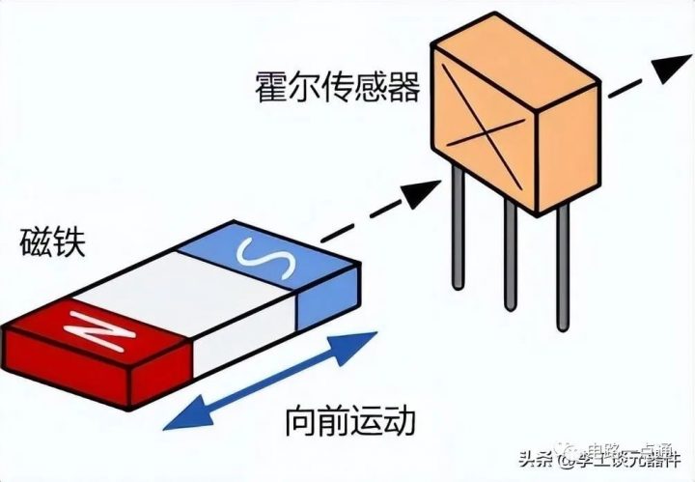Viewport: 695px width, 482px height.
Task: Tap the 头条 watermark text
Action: tap(536, 459)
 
